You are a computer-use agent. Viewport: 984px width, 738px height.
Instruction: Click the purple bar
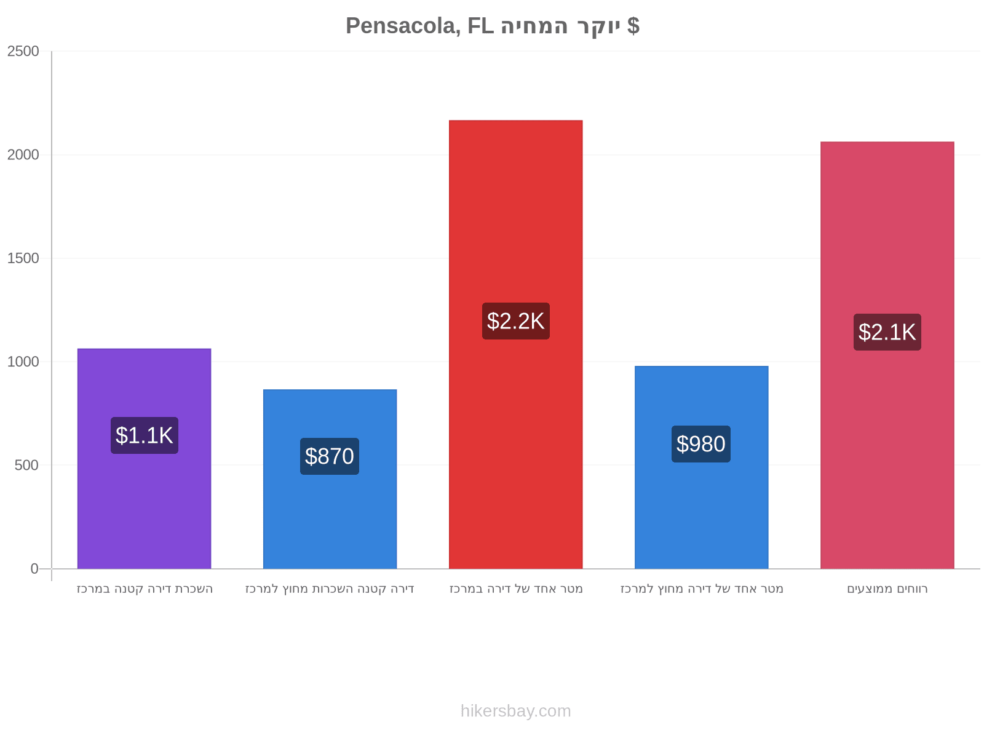(x=144, y=458)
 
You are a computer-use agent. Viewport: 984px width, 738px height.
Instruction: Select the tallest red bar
(x=515, y=344)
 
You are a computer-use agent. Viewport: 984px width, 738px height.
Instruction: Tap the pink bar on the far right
(x=887, y=355)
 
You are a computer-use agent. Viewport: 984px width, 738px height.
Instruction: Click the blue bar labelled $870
(x=330, y=479)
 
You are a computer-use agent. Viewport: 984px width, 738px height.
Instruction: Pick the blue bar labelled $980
(x=702, y=467)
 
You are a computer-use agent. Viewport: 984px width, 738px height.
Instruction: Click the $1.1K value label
(x=145, y=435)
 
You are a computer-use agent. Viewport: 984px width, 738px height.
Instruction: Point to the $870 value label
(x=330, y=456)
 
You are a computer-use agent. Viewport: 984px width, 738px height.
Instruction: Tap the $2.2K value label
(x=516, y=321)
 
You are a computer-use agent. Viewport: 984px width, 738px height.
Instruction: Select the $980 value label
(x=701, y=444)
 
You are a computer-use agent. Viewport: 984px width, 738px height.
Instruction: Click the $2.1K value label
(x=887, y=332)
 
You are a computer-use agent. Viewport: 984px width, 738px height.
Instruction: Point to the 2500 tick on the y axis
(x=23, y=51)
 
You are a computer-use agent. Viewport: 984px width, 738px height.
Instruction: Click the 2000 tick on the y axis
(x=23, y=154)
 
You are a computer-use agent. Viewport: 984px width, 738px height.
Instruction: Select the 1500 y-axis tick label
(x=23, y=258)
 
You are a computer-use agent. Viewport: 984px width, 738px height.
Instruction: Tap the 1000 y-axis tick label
(x=23, y=362)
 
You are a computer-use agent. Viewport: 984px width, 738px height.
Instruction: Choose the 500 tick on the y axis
(x=26, y=465)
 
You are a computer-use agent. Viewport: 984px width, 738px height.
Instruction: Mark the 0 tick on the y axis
(x=34, y=569)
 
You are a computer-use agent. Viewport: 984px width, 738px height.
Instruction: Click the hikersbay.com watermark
(x=515, y=711)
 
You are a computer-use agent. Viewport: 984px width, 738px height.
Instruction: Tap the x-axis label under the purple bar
(x=145, y=589)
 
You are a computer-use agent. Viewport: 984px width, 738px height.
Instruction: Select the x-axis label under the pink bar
(x=887, y=589)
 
